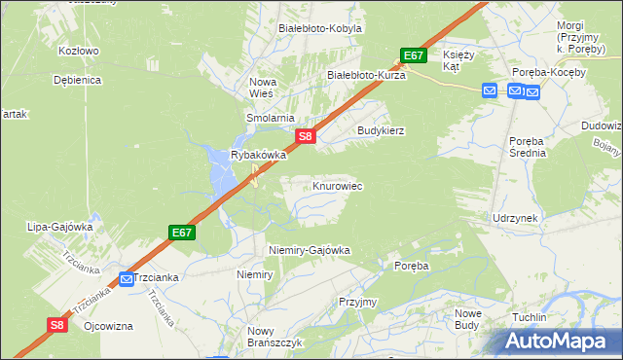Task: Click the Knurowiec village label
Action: [338, 185]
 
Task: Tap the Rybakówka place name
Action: [258, 155]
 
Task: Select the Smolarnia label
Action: [270, 118]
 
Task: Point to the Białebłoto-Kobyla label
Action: [320, 28]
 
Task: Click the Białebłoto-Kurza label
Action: [366, 74]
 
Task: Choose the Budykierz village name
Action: [381, 129]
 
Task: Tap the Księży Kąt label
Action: [458, 61]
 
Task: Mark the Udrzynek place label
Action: [515, 218]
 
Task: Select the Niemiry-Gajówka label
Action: [309, 250]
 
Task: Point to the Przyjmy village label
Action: [358, 302]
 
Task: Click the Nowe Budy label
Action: [468, 319]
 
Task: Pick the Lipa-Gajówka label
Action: [60, 227]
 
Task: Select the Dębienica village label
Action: [79, 80]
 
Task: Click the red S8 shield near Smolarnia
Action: [305, 137]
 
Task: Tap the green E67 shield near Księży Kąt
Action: [413, 55]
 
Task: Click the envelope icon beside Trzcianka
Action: [127, 279]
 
